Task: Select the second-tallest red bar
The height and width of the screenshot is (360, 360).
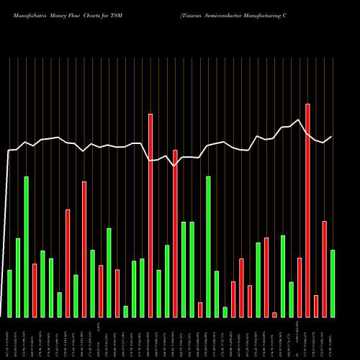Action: coord(150,215)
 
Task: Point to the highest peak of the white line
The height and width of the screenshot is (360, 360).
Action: coord(299,120)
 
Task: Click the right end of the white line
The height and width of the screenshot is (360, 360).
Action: coord(331,137)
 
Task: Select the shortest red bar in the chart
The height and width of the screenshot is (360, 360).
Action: coord(274,315)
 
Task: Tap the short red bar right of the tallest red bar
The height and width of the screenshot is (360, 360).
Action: coord(316,306)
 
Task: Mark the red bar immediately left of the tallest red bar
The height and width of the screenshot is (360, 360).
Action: coord(300,287)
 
